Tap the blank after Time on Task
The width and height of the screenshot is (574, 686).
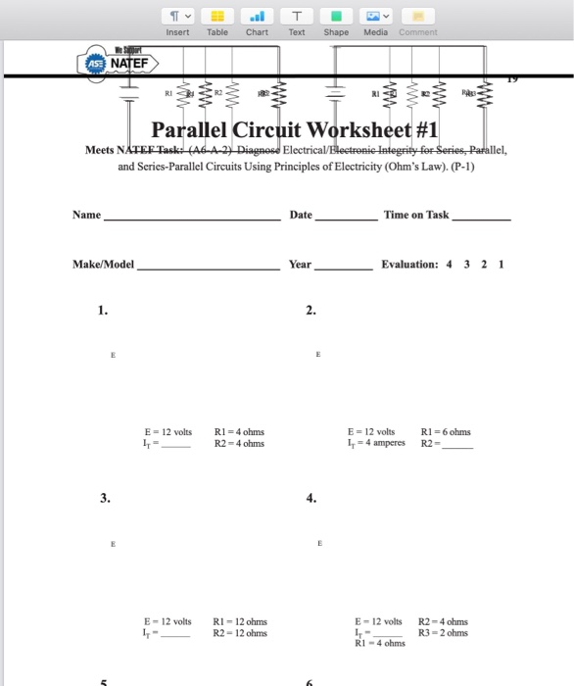481,218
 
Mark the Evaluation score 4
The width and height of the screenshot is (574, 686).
449,265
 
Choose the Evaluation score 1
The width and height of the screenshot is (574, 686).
501,265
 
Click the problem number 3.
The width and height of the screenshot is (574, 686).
103,498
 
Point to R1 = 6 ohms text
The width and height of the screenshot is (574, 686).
445,432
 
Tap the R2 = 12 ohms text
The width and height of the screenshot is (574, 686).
240,633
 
